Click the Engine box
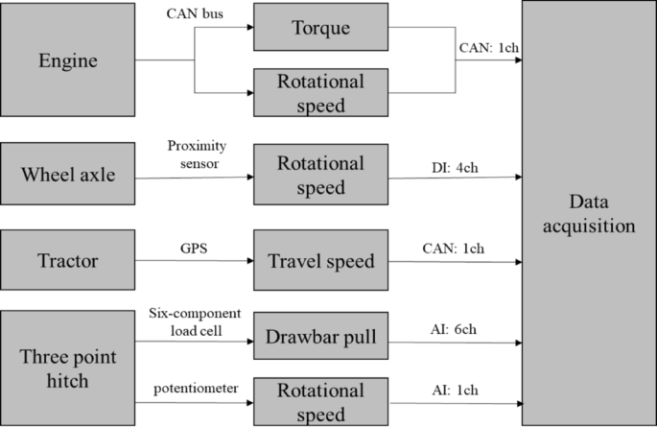[x=67, y=62]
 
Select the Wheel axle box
[x=67, y=175]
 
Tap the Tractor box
[x=67, y=260]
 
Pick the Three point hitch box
[x=67, y=368]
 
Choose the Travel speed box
[x=321, y=261]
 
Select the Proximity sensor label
[x=195, y=154]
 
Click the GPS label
[x=193, y=248]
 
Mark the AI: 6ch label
[x=457, y=328]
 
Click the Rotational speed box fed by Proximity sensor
[x=321, y=175]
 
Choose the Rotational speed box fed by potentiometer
[x=321, y=402]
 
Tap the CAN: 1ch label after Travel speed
[x=454, y=249]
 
